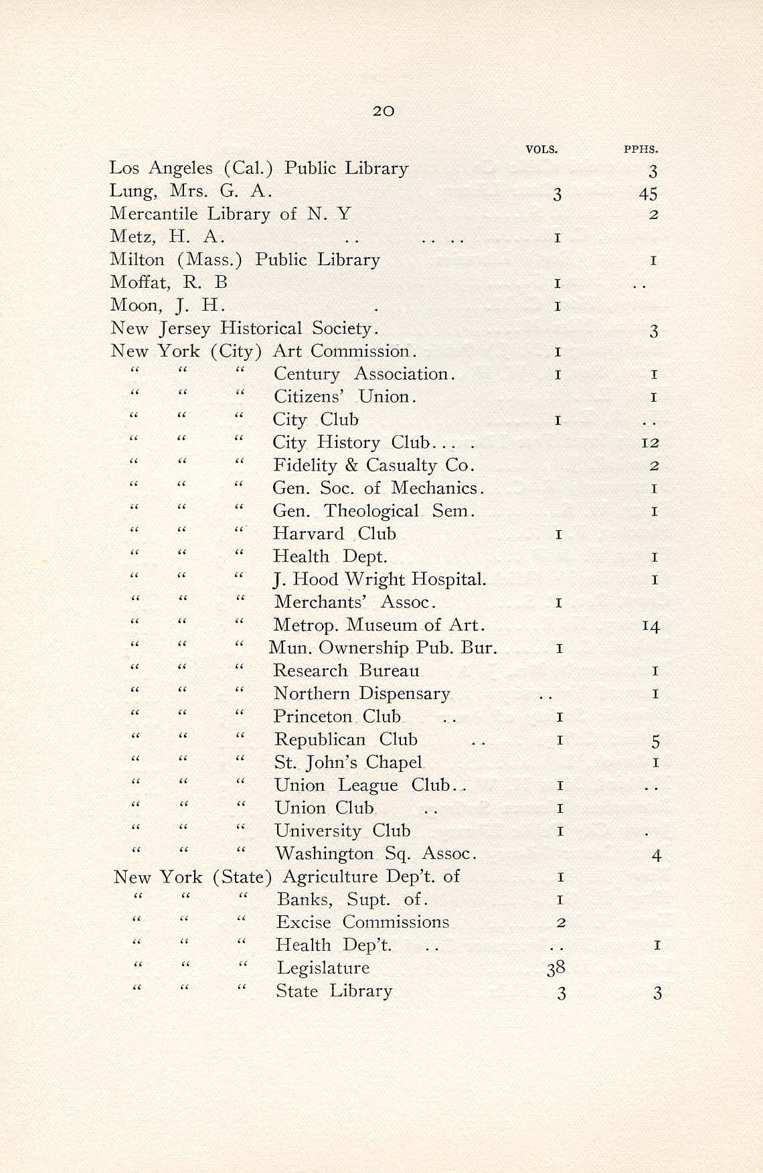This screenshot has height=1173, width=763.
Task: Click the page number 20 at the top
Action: [x=383, y=111]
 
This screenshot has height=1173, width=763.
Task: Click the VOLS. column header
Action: [x=541, y=149]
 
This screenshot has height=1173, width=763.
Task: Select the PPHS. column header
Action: [x=641, y=149]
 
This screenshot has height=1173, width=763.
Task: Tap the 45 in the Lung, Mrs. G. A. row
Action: [x=648, y=194]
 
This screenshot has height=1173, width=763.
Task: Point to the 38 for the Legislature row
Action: [x=556, y=967]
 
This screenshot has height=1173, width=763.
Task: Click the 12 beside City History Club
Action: [x=649, y=443]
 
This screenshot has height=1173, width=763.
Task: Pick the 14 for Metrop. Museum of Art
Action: [x=651, y=626]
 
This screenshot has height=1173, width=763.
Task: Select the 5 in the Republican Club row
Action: [x=656, y=741]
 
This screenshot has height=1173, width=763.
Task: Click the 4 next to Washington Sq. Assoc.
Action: [x=657, y=855]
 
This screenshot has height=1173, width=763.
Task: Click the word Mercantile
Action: [x=154, y=214]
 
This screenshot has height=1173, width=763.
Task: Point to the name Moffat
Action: [x=139, y=283]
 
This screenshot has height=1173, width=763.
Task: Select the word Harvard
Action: [x=308, y=534]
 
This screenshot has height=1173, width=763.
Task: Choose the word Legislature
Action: [x=323, y=968]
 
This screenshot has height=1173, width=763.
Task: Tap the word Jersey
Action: [x=185, y=329]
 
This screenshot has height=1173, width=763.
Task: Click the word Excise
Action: [x=303, y=922]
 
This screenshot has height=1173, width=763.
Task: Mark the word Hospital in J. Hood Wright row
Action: [x=448, y=579]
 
